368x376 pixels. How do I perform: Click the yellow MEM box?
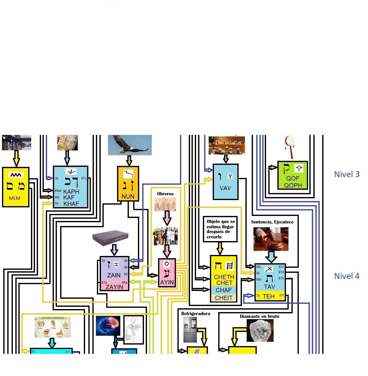[16, 187]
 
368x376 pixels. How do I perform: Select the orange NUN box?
[128, 183]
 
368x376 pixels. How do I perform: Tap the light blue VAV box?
[226, 182]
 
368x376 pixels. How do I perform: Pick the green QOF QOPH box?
[293, 175]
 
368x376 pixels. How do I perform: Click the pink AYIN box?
[167, 273]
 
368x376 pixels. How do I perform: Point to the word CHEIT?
[224, 298]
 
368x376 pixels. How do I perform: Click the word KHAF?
[71, 204]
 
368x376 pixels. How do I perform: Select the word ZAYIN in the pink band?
[114, 287]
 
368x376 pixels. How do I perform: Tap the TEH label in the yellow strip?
[269, 296]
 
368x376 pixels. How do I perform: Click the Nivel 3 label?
[347, 174]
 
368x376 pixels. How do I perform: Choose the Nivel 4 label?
[347, 276]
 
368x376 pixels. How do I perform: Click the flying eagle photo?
[130, 145]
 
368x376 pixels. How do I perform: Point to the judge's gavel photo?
[271, 239]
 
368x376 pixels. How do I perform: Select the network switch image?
[111, 238]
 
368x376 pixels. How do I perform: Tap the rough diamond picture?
[260, 330]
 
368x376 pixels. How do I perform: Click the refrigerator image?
[190, 329]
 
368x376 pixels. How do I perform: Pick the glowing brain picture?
[108, 326]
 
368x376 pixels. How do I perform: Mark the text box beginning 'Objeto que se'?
[220, 229]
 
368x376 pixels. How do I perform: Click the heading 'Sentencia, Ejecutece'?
[272, 222]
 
